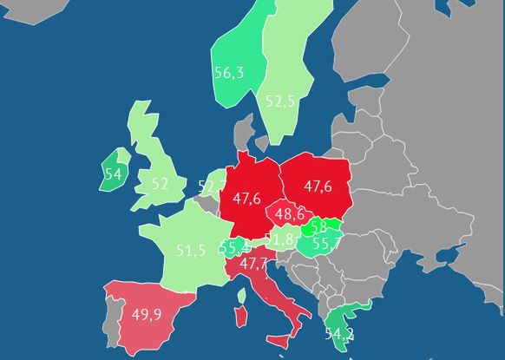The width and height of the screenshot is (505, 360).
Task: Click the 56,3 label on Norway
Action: tap(229, 73)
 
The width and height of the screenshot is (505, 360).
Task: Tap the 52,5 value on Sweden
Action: tap(280, 101)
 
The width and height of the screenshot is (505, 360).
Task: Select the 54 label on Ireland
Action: tap(113, 173)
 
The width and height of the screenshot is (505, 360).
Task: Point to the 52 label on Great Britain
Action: tap(160, 184)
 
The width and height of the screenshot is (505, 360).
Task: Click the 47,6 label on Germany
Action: tap(246, 199)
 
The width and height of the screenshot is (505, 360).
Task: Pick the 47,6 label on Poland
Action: tap(318, 187)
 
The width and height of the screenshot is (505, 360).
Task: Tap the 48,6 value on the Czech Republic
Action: tap(289, 213)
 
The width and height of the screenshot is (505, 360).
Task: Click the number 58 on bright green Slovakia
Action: tap(319, 227)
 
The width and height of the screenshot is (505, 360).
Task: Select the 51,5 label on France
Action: tap(191, 251)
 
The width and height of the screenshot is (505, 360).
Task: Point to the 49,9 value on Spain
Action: tap(146, 314)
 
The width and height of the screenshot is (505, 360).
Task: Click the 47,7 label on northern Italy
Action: tap(254, 263)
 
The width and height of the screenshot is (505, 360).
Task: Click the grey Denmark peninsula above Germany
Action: tap(246, 139)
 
